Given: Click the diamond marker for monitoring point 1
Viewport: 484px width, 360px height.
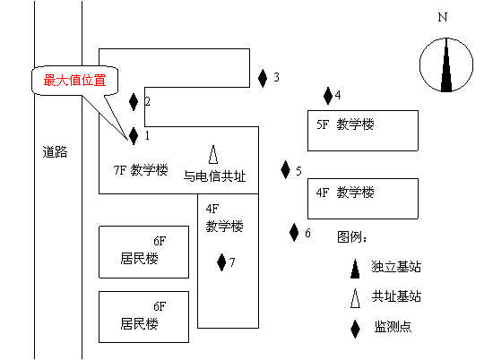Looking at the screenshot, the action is tap(134, 136).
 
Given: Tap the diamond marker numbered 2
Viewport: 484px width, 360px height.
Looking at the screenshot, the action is tap(134, 102).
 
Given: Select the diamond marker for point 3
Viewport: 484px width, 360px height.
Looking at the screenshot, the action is tap(263, 78).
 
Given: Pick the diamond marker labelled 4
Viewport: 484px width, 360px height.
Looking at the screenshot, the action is tap(328, 96).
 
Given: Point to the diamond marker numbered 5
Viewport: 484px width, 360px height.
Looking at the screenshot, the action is tap(286, 169).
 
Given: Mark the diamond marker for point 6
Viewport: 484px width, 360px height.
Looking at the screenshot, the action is tap(294, 232).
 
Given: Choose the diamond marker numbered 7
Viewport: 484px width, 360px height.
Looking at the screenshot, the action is tap(221, 262).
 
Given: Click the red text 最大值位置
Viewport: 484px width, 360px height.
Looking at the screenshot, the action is tap(74, 81).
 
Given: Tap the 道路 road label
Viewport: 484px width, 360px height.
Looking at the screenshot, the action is tap(55, 152).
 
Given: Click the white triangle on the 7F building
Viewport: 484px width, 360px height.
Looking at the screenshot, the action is tap(213, 154).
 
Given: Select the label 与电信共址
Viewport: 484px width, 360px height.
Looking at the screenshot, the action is tap(214, 176).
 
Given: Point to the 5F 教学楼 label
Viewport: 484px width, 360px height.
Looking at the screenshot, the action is tap(345, 124).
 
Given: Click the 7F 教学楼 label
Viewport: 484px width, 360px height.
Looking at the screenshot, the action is tap(141, 170).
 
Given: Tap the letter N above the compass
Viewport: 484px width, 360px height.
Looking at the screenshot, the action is tap(443, 17).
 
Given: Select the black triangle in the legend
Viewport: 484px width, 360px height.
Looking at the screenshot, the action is tap(355, 269).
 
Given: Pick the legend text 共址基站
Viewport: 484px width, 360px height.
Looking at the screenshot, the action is tap(396, 296).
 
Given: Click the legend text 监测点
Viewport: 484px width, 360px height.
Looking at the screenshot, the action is tap(393, 327).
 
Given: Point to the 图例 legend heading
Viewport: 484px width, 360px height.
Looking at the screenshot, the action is tap(352, 237).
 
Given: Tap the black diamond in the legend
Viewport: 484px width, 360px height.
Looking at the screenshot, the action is tap(355, 329).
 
